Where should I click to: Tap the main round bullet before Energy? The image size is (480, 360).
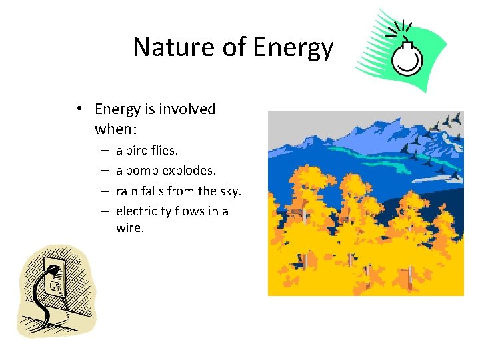[79, 109]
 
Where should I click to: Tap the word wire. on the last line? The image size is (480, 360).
[129, 228]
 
